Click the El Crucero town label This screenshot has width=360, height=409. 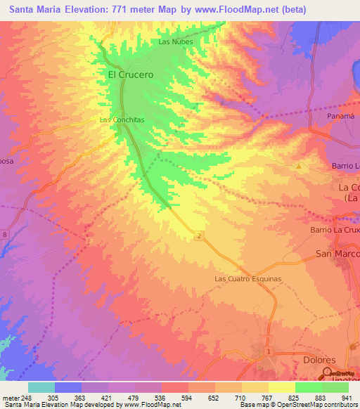[x=130, y=74]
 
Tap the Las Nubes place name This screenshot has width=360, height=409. [x=174, y=41]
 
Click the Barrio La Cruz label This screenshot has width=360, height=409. [x=335, y=230]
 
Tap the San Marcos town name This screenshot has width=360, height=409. [x=338, y=254]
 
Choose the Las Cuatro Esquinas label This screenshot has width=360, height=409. [x=247, y=279]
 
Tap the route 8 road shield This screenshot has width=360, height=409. [x=5, y=234]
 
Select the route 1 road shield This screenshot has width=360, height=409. [x=269, y=350]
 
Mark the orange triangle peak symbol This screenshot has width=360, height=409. [x=299, y=167]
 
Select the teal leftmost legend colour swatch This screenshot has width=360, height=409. [x=41, y=387]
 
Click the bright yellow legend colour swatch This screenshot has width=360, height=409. [x=282, y=387]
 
